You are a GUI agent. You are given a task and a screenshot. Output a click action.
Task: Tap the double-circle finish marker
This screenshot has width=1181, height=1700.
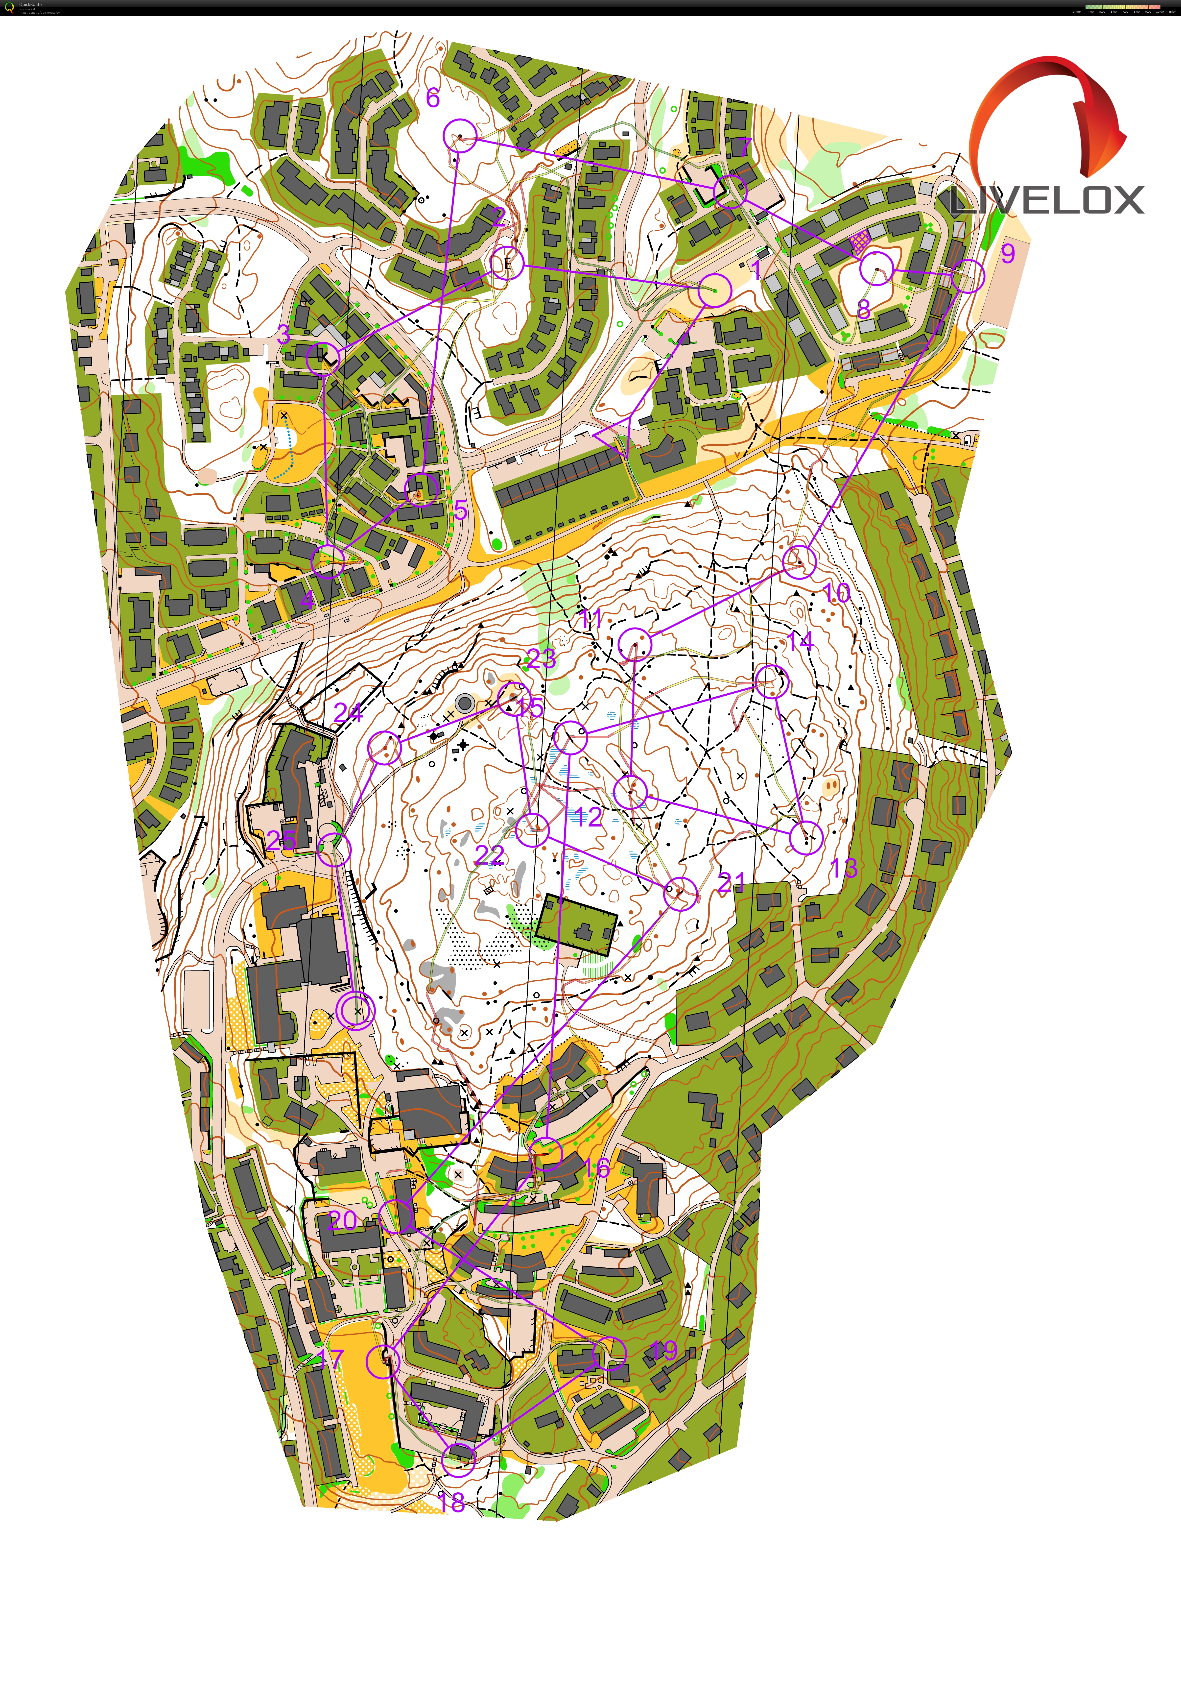[356, 1010]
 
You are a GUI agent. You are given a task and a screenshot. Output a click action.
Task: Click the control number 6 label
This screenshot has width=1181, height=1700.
[433, 97]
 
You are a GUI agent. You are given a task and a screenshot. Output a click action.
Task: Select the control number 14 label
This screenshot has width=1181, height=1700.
[800, 641]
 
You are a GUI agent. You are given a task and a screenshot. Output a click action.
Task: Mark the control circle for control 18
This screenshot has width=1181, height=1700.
[459, 1459]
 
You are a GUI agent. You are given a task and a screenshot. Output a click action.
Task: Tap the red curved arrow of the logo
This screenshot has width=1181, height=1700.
[1051, 111]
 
